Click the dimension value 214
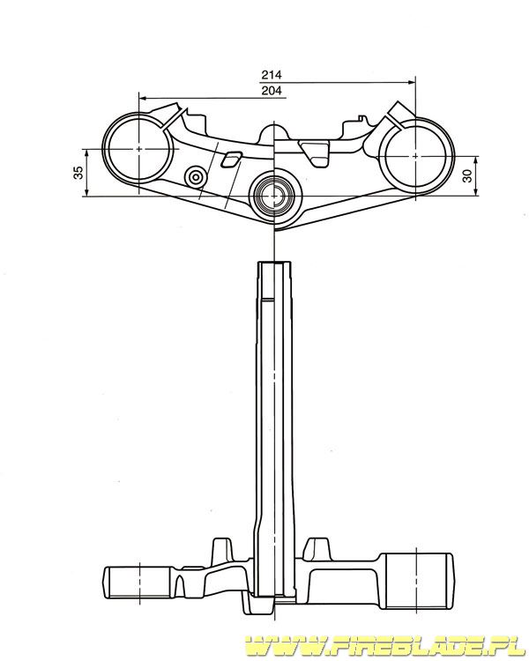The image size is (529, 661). pyautogui.click(x=272, y=75)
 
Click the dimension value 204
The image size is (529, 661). pyautogui.click(x=272, y=90)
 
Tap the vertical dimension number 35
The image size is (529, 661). pyautogui.click(x=78, y=173)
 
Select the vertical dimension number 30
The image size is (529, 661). pyautogui.click(x=468, y=176)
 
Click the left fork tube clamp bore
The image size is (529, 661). pyautogui.click(x=108, y=148)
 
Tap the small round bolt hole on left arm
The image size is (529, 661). pyautogui.click(x=196, y=177)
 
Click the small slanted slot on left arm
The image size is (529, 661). pyautogui.click(x=231, y=159)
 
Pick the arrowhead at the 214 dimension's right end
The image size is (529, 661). pyautogui.click(x=412, y=83)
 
